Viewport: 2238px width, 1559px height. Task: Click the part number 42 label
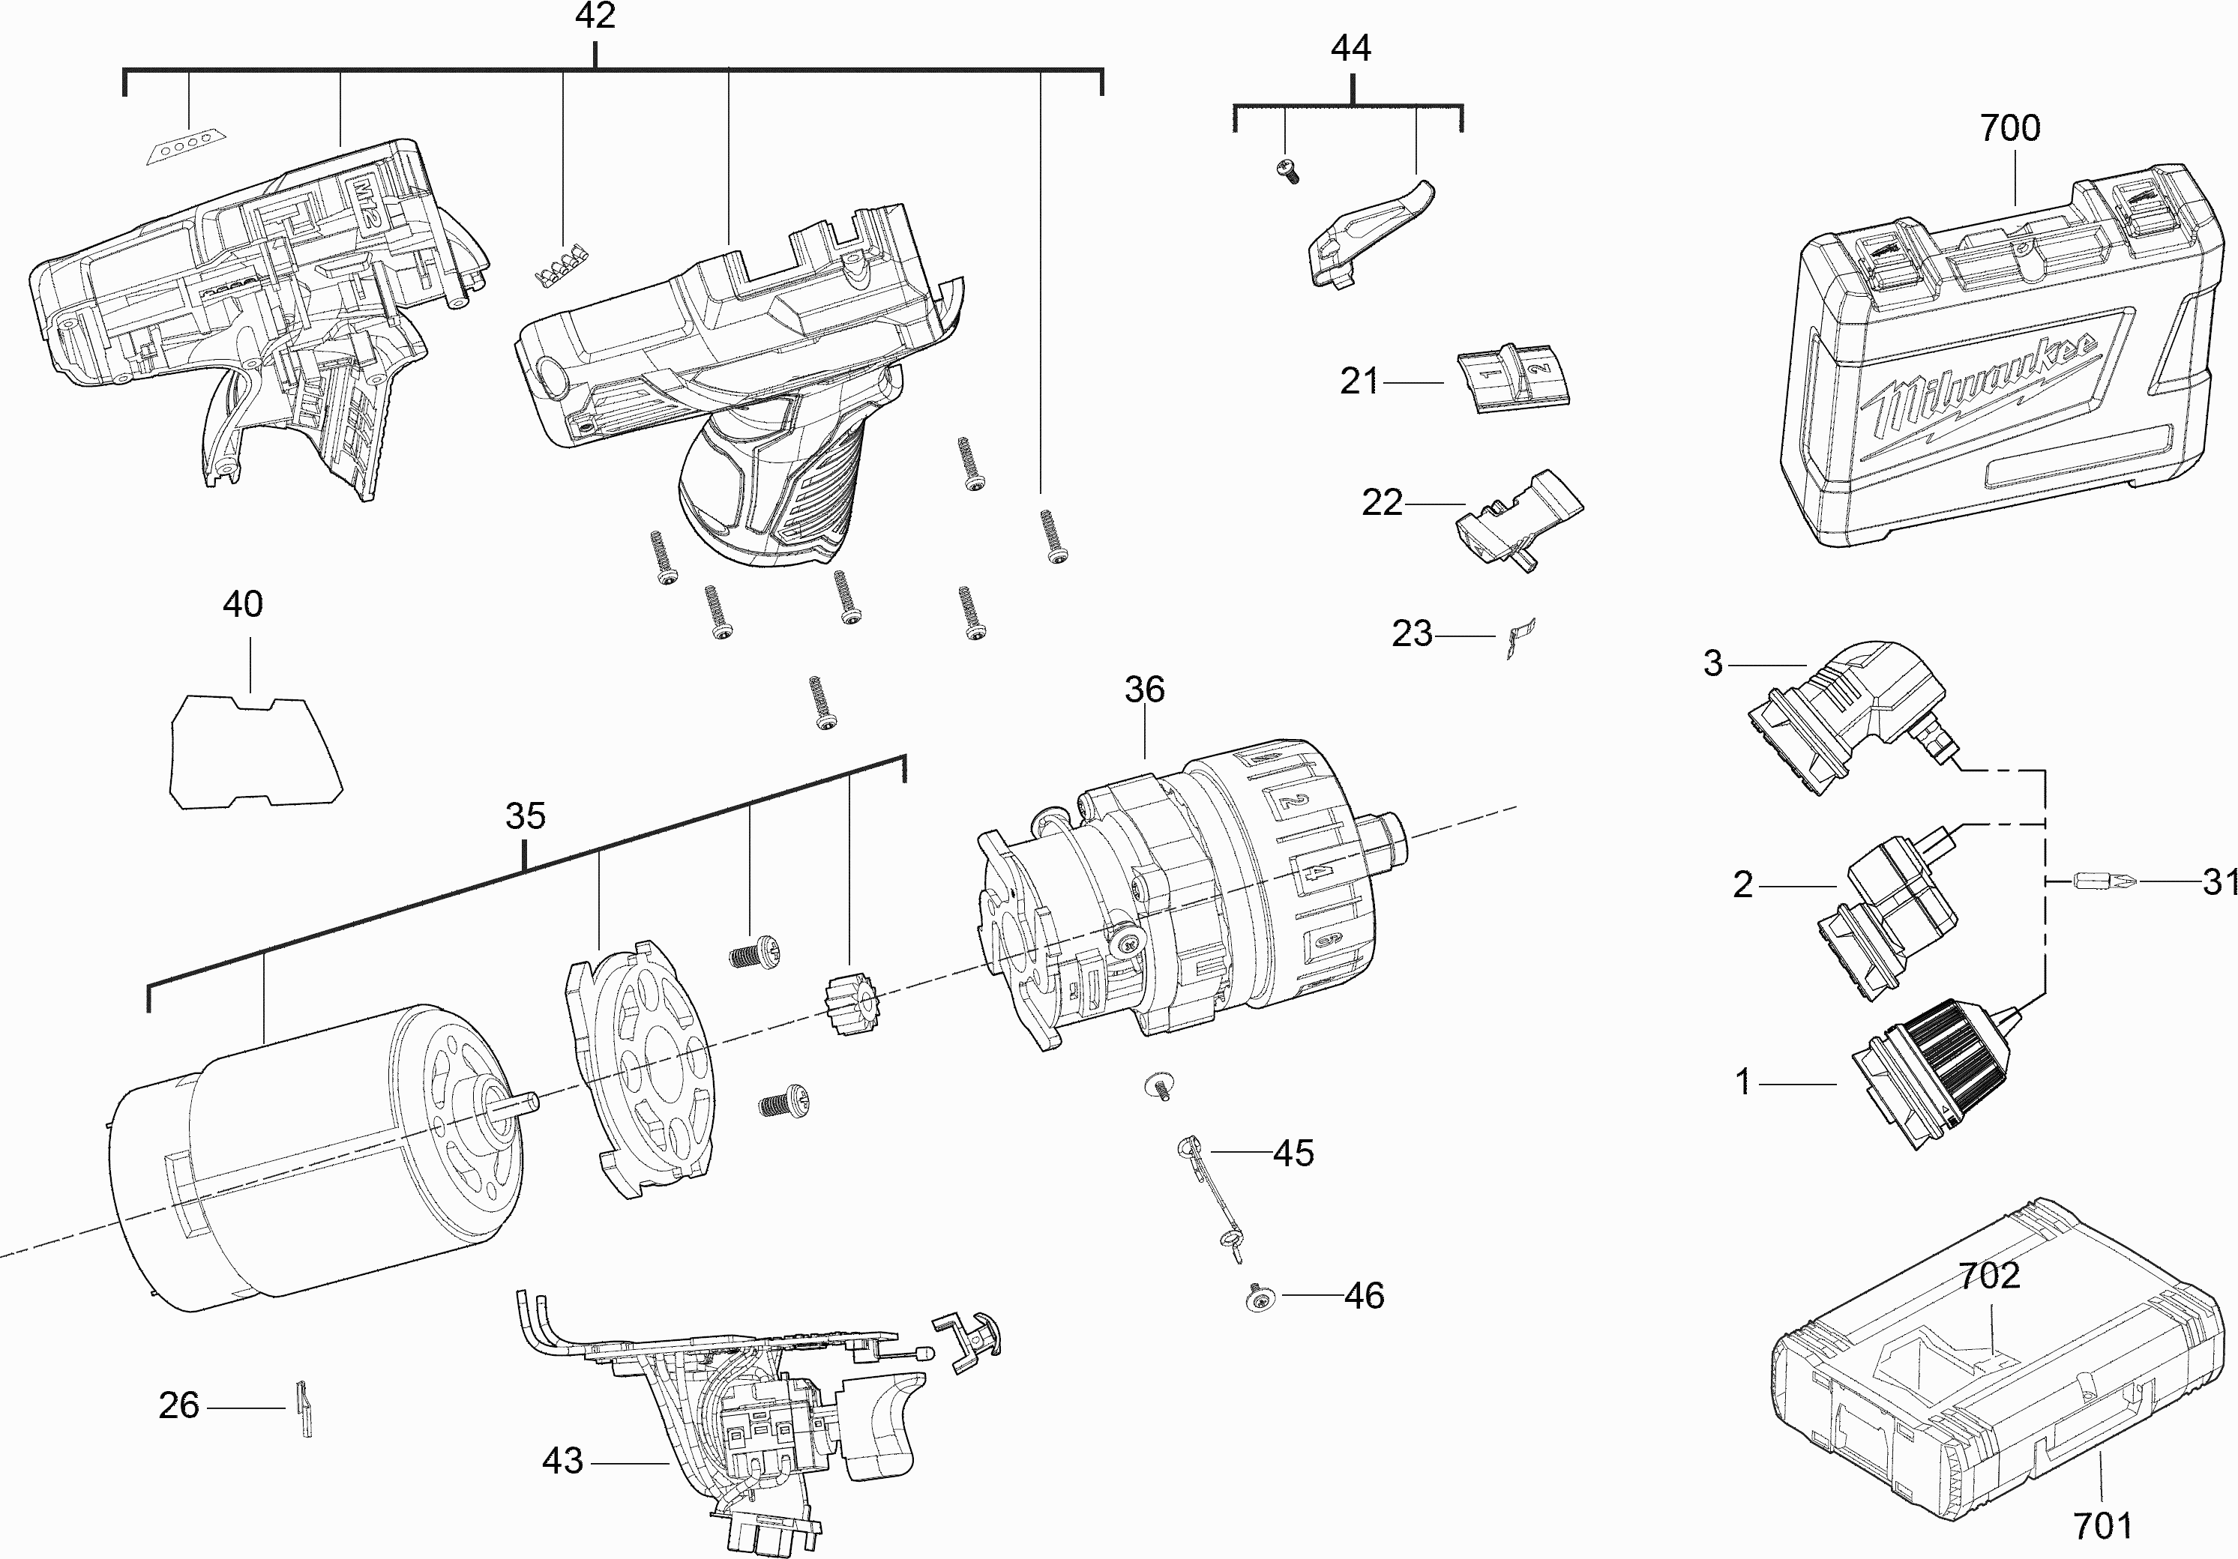595,16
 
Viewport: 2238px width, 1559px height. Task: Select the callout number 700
2010,127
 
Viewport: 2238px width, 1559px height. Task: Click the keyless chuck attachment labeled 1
1920,1076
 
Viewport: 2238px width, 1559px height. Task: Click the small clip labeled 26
303,1409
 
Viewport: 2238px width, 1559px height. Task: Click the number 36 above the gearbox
1144,690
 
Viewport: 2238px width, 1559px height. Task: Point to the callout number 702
1988,1276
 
